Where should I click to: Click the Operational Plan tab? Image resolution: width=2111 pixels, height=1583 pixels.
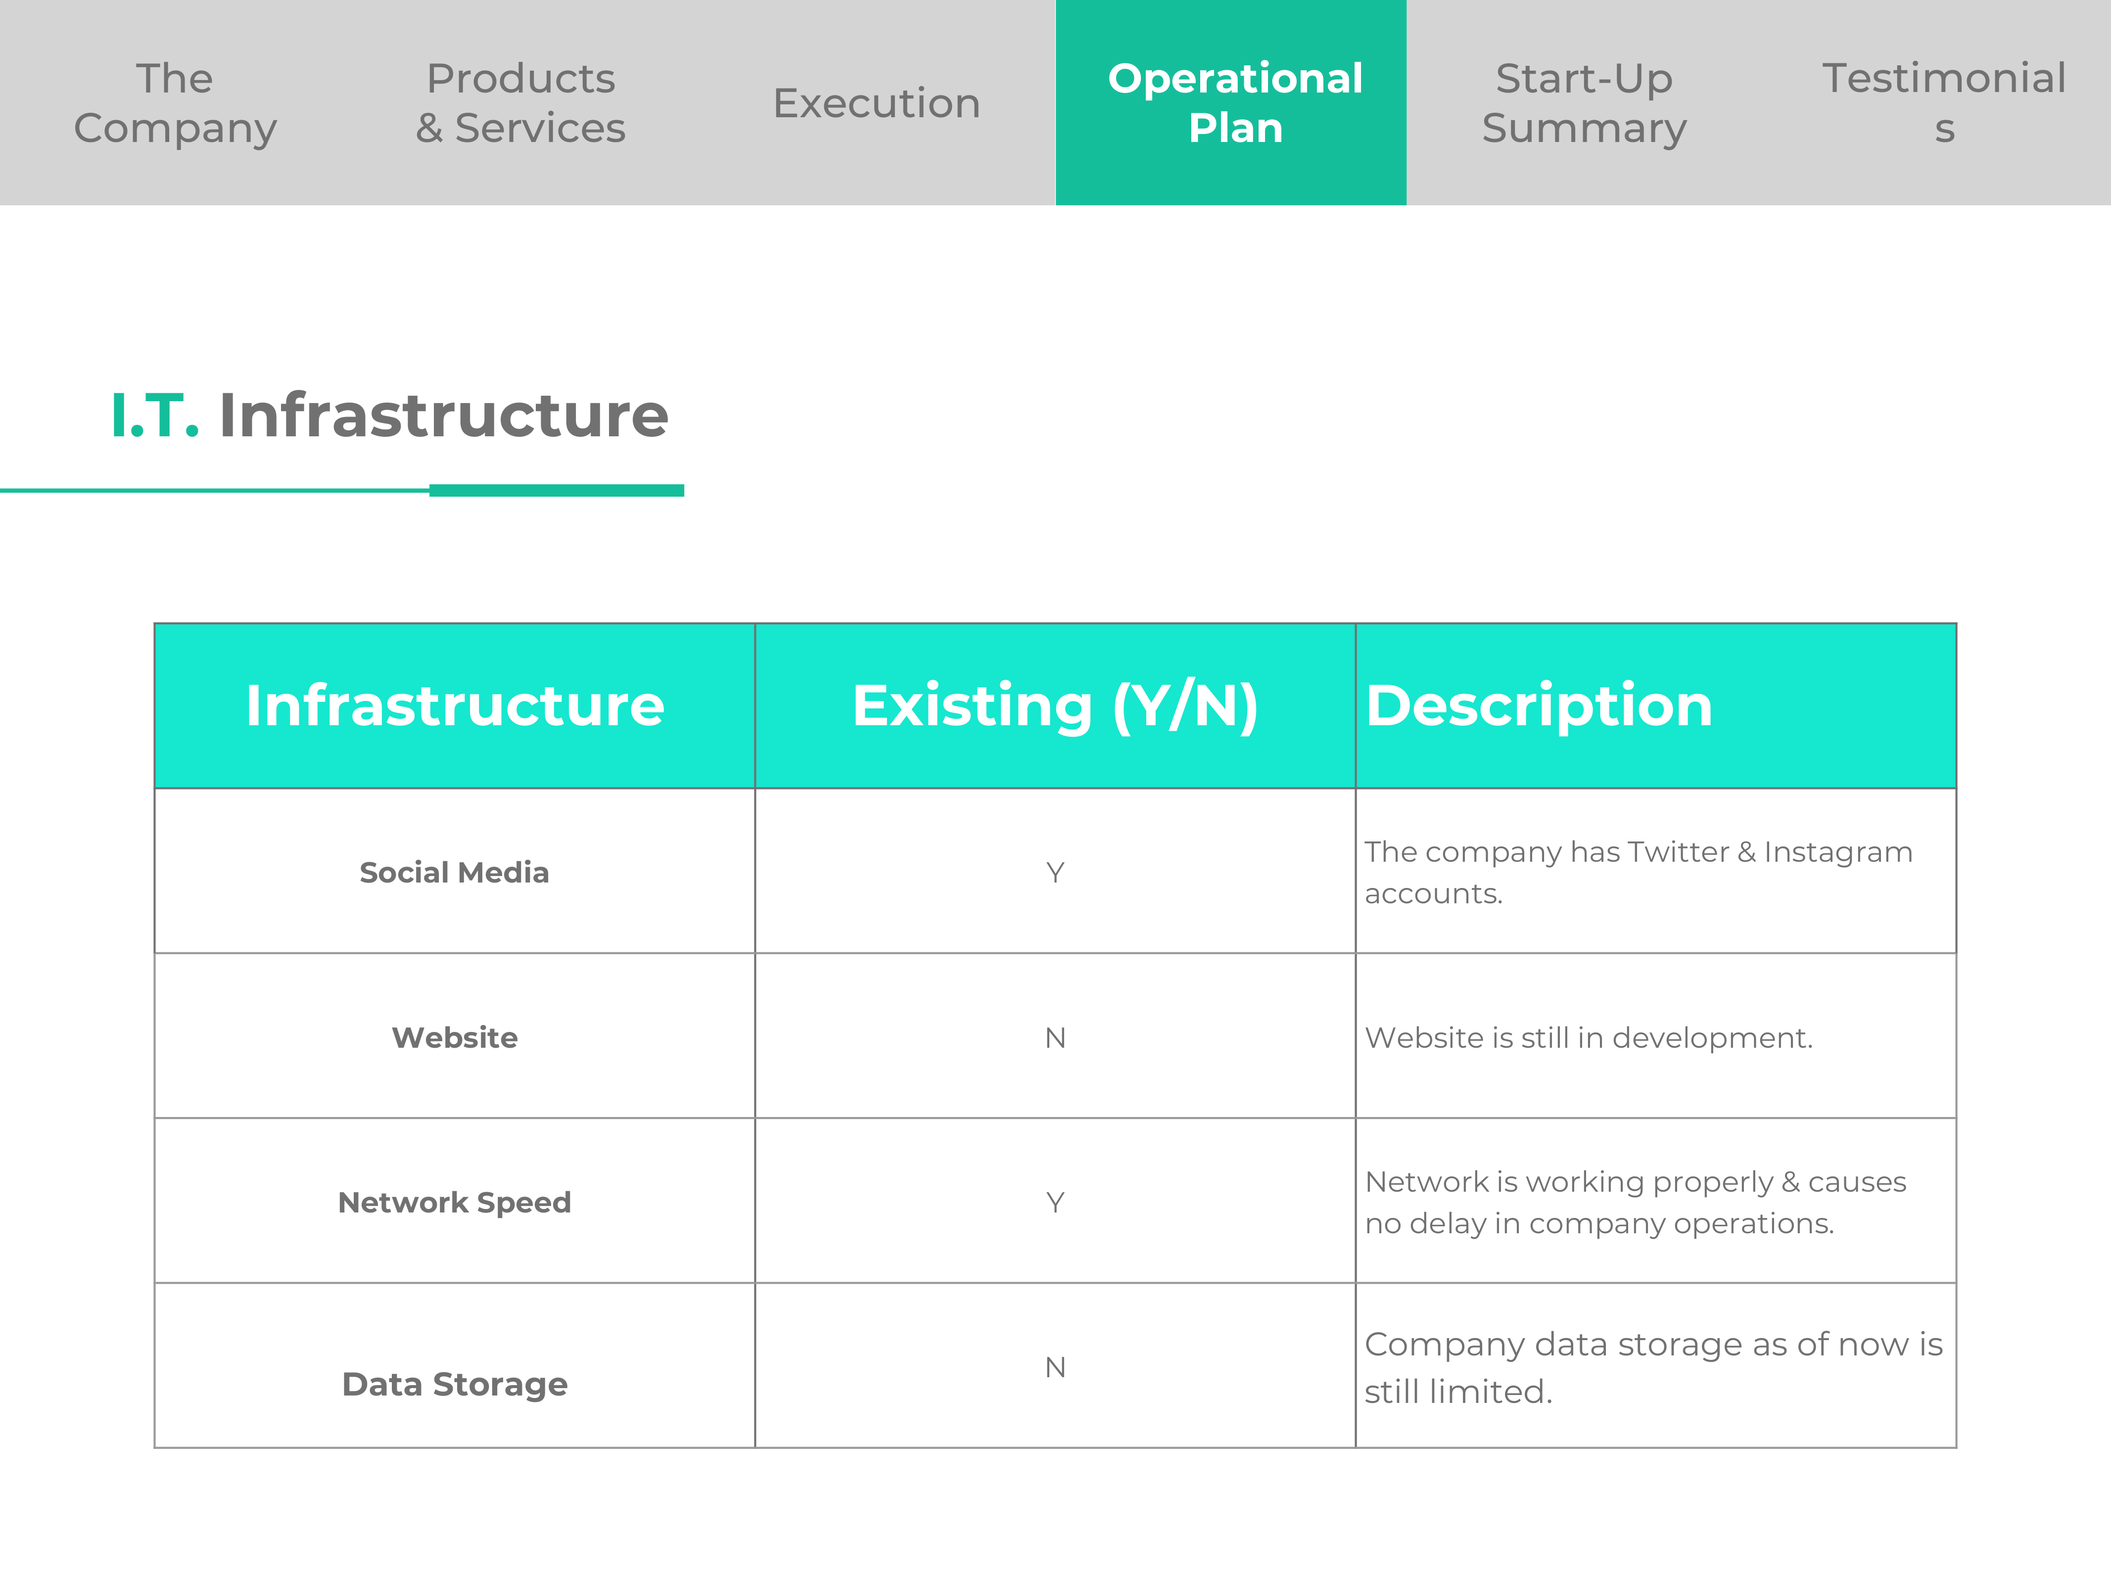tap(1231, 102)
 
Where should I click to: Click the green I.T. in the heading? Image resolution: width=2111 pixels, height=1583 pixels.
tap(155, 416)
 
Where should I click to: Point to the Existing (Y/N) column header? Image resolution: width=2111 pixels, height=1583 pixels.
tap(1056, 706)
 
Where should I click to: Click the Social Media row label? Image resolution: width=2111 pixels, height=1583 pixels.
tap(454, 872)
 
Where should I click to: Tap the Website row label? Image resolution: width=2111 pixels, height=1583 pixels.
tap(454, 1037)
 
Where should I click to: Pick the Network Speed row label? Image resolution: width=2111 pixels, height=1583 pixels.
tap(454, 1202)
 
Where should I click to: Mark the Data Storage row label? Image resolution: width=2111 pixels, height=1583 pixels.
tap(454, 1384)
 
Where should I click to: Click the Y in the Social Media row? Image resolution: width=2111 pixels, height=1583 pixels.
tap(1055, 872)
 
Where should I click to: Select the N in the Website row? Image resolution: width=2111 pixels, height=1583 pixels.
tap(1055, 1037)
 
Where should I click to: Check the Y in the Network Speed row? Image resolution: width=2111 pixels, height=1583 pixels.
tap(1055, 1202)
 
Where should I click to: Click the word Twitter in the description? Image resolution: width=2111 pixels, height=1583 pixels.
tap(1678, 851)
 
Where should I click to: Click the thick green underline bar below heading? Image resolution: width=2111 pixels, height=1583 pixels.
tap(557, 490)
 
